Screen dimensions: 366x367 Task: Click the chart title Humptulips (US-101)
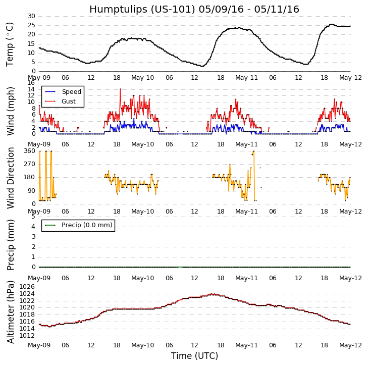pos(194,9)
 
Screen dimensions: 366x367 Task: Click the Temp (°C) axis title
pos(10,44)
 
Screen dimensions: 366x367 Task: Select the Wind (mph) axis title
pos(11,111)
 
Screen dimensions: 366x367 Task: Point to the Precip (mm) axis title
pos(11,244)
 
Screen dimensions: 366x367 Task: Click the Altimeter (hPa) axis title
pos(11,311)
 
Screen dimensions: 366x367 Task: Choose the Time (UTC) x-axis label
pos(194,356)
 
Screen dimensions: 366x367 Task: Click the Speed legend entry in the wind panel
pos(71,92)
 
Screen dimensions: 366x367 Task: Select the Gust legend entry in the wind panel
pos(69,101)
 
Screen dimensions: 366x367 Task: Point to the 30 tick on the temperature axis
pos(31,16)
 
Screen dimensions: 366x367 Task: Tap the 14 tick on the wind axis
pos(31,89)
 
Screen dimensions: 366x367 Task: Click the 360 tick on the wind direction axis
pos(29,151)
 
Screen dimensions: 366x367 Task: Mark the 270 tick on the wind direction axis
pos(29,164)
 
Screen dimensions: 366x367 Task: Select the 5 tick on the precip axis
pos(33,216)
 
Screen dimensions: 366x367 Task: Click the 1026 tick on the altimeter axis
pos(27,287)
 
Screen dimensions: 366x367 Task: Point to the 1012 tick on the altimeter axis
pos(27,335)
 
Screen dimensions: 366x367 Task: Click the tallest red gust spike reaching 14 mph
pos(120,89)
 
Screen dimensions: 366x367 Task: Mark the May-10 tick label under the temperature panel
pos(143,78)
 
